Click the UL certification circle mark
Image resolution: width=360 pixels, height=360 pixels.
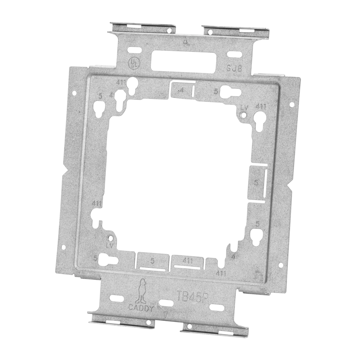[132, 63]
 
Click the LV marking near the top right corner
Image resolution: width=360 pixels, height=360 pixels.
[246, 107]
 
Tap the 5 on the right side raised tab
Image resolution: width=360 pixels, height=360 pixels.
[256, 182]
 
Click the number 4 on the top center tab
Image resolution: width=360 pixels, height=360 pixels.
[181, 90]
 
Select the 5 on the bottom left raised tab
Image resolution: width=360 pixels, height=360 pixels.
[152, 261]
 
